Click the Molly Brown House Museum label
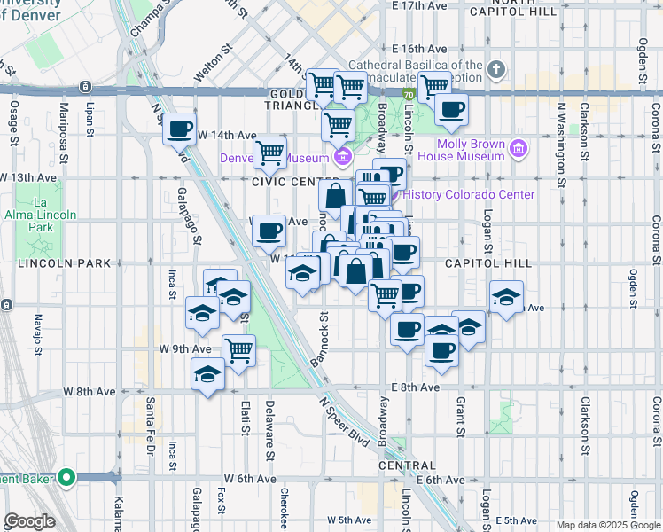[470, 150]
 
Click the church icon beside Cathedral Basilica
[496, 69]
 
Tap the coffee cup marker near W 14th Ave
[180, 129]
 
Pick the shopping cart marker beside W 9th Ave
[238, 350]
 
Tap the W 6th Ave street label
[247, 479]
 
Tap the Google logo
[29, 521]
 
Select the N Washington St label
[560, 143]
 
